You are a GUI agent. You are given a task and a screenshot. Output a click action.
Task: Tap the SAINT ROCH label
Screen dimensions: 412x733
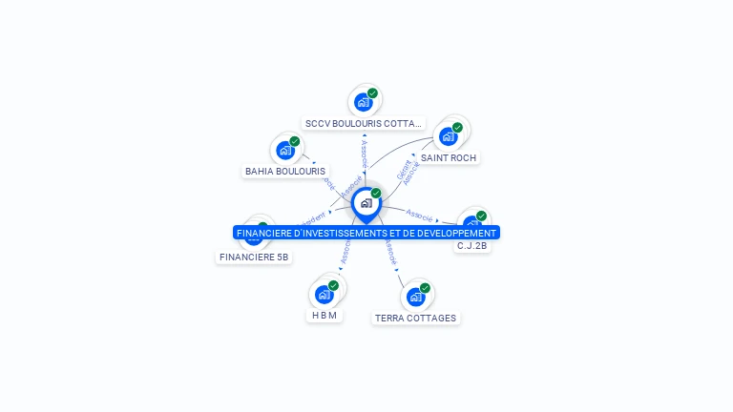pyautogui.click(x=449, y=157)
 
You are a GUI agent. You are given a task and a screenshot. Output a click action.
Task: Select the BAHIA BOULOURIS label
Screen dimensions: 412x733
pyautogui.click(x=285, y=172)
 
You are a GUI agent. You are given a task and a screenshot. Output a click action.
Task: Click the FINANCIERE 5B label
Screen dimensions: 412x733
pyautogui.click(x=254, y=257)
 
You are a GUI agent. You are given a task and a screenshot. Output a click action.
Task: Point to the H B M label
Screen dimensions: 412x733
pyautogui.click(x=325, y=316)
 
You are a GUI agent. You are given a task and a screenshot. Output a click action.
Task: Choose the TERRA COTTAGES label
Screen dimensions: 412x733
pyautogui.click(x=415, y=319)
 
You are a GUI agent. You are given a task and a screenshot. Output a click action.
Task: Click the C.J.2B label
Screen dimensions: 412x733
pyautogui.click(x=471, y=246)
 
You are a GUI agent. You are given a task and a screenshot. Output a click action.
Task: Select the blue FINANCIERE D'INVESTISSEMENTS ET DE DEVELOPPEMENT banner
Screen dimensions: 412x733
pyautogui.click(x=366, y=233)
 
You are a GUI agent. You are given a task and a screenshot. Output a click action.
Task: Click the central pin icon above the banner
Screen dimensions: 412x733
pyautogui.click(x=366, y=203)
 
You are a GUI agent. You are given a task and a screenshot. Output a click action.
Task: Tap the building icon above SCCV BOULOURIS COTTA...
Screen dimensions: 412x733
pyautogui.click(x=363, y=102)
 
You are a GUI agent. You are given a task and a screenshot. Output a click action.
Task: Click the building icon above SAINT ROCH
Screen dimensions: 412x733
pyautogui.click(x=448, y=136)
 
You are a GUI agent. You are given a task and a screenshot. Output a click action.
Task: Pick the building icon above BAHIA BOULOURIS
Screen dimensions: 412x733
pyautogui.click(x=284, y=151)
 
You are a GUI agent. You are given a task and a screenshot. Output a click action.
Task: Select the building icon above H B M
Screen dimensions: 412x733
pyautogui.click(x=324, y=295)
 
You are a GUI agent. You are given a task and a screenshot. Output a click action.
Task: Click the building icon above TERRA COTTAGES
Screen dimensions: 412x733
pyautogui.click(x=415, y=298)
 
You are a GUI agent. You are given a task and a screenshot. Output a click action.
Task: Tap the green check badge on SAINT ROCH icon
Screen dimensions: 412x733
pyautogui.click(x=457, y=127)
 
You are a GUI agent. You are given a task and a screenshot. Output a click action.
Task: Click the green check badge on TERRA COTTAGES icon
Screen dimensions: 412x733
pyautogui.click(x=425, y=288)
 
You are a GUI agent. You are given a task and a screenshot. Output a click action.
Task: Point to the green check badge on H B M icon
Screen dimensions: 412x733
pyautogui.click(x=333, y=285)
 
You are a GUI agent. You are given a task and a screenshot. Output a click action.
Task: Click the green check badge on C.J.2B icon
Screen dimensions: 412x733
pyautogui.click(x=481, y=216)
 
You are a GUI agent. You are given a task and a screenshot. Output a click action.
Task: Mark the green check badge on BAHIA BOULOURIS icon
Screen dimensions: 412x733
pyautogui.click(x=295, y=141)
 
